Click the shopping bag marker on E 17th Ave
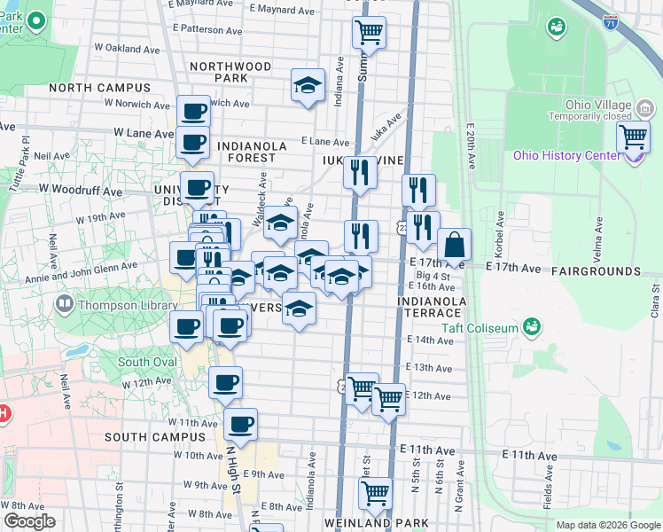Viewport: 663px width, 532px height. coord(454,245)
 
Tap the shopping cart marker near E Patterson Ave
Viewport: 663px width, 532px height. coord(369,33)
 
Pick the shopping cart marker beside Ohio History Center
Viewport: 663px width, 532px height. coord(634,137)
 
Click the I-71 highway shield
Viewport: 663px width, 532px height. coord(612,24)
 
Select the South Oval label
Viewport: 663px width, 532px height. coord(145,362)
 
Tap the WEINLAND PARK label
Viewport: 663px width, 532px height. coord(370,523)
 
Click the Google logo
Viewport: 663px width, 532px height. coord(29,521)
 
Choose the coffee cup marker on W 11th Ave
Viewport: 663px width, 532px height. coord(240,424)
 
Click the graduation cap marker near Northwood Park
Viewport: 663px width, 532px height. coord(308,85)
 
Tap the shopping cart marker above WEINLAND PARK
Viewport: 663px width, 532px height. coord(377,492)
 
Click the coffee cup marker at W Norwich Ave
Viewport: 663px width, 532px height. coord(194,112)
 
